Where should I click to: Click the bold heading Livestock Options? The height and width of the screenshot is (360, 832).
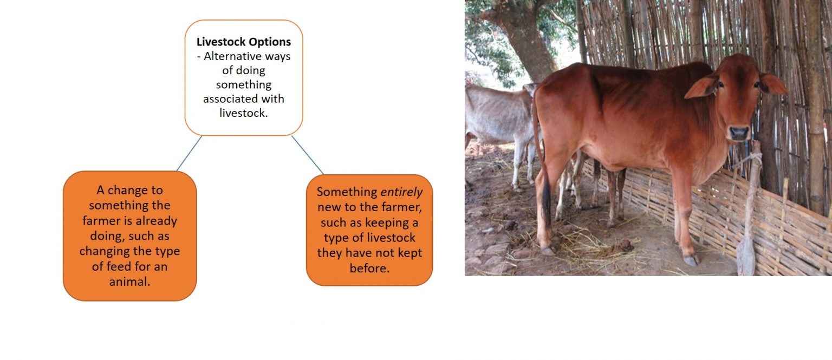coord(243,42)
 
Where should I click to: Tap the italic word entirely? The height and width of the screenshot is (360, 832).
coord(401,192)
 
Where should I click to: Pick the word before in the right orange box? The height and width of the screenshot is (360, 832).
coord(369,268)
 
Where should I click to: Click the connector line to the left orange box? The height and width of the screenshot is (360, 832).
coord(189,153)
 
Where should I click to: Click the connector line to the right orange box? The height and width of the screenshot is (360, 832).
coord(307,155)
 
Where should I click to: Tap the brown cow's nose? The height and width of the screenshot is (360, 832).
coord(739,132)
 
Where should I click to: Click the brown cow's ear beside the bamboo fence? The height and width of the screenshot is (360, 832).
coord(773,84)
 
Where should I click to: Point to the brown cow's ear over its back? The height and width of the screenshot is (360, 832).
coord(702,87)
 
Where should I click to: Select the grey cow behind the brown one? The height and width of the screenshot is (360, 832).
coord(496,116)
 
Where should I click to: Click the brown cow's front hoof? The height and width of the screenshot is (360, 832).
coord(691,260)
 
